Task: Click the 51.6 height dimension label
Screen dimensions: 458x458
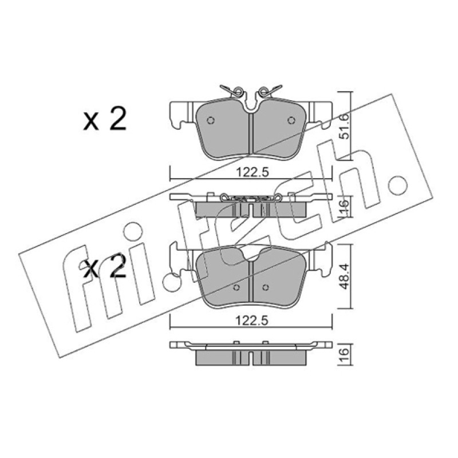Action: pos(345,126)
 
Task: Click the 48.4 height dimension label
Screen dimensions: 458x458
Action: pos(345,276)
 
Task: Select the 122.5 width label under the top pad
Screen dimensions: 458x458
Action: pos(252,172)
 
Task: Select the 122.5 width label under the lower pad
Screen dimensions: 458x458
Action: pos(252,321)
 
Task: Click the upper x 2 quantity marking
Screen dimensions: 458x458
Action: pos(105,119)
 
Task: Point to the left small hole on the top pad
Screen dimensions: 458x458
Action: pos(210,120)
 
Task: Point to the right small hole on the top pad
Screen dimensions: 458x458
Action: pos(291,120)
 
